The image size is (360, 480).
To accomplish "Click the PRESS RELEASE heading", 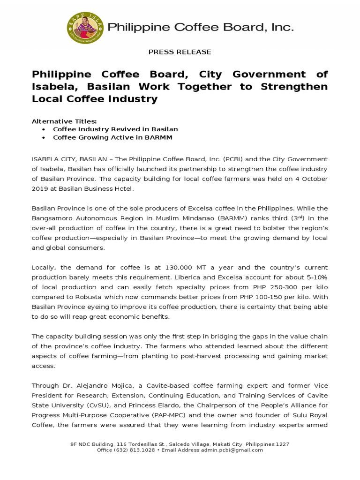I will pos(180,52).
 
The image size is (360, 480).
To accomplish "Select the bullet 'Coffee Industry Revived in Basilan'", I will pos(115,129).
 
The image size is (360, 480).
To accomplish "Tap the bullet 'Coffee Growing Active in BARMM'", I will pos(112,137).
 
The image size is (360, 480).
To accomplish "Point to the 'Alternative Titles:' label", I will pos(64,121).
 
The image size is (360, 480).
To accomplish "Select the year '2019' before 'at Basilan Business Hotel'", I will pos(40,188).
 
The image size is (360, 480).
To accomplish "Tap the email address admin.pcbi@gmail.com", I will pos(232,450).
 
